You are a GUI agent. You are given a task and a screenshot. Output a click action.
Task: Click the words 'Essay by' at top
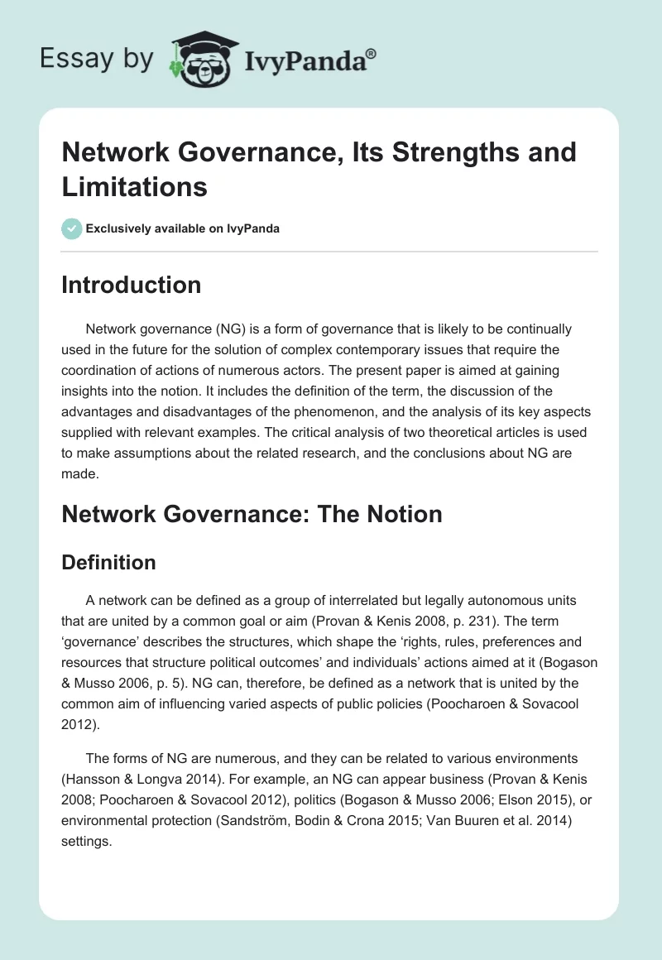click(97, 59)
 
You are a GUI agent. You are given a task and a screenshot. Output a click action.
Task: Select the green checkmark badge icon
click(72, 228)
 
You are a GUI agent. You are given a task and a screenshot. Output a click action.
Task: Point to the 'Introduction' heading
click(132, 285)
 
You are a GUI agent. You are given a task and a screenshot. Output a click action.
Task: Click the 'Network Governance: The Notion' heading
click(252, 514)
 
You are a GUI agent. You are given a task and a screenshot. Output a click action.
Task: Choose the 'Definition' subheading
click(109, 563)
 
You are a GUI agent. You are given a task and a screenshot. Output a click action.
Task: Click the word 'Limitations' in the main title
click(135, 186)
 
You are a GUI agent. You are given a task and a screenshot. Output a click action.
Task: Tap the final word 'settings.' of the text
click(85, 841)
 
